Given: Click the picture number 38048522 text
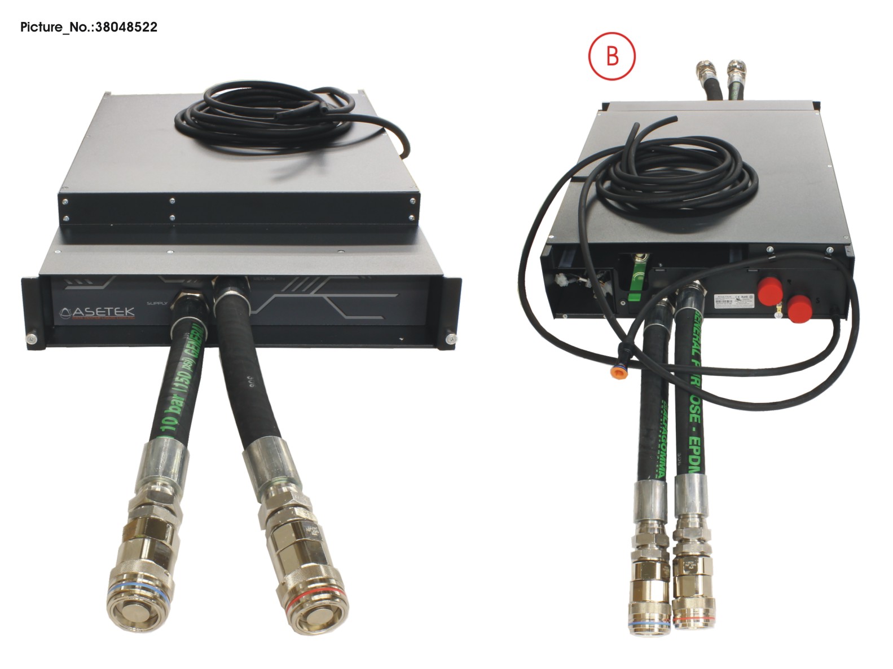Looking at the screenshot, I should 89,27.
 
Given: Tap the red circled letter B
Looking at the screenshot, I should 612,56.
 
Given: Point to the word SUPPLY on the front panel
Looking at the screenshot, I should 157,303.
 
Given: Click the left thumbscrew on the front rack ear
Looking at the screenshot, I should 32,339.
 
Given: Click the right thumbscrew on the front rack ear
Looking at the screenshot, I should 450,339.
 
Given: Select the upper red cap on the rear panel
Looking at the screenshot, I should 771,289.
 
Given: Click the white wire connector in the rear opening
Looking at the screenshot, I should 563,278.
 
